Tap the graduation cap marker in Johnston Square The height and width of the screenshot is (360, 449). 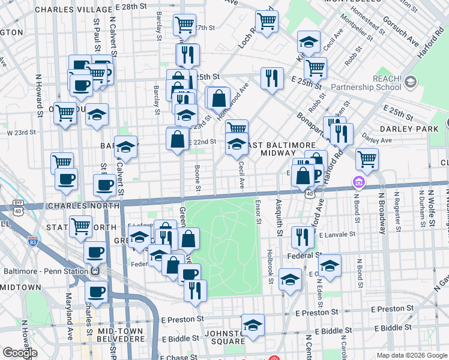253,325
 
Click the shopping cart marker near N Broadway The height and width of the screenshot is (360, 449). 367,159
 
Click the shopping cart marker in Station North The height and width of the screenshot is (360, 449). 80,226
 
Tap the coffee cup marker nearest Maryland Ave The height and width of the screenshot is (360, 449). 96,292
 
